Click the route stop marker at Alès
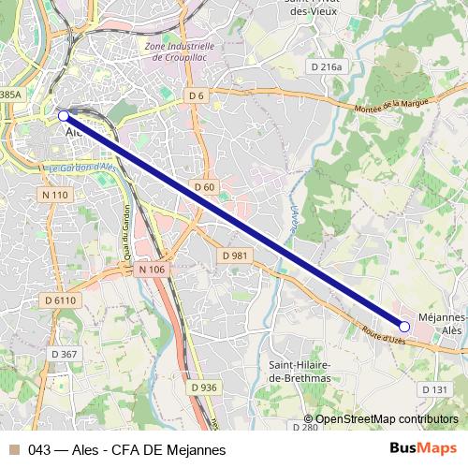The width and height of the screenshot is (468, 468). (63, 116)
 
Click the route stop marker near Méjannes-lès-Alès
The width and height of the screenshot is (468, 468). (404, 327)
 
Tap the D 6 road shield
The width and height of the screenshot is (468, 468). (196, 95)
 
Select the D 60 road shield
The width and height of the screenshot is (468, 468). (205, 187)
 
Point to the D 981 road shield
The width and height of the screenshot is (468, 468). (235, 256)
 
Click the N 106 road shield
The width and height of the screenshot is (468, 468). (151, 270)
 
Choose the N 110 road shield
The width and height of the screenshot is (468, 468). (55, 195)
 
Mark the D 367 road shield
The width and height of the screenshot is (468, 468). (64, 354)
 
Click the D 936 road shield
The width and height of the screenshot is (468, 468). (203, 388)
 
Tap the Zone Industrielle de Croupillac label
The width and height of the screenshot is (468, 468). (190, 51)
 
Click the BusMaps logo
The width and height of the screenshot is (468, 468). (422, 448)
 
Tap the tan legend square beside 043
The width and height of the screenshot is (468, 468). (12, 449)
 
